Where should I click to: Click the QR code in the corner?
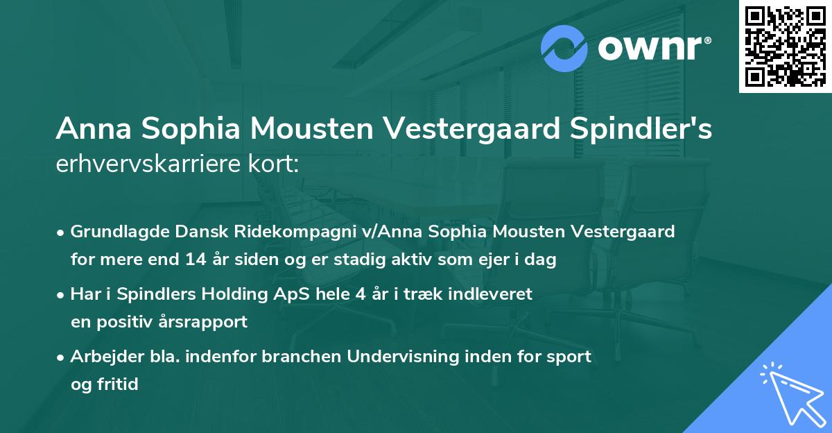[x=785, y=46]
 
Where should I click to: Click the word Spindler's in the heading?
[x=641, y=130]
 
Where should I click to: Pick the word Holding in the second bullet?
[x=234, y=294]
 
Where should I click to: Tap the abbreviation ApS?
[x=286, y=294]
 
